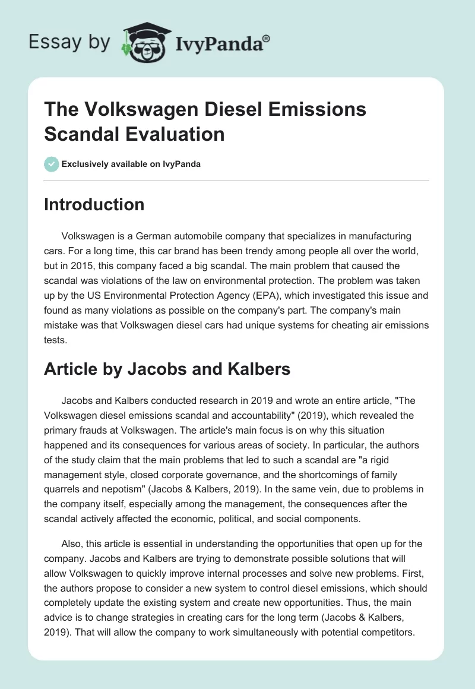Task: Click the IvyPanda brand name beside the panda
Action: (223, 43)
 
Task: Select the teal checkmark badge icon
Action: (52, 164)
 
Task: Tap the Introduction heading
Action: (94, 204)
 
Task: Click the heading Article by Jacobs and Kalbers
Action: (167, 369)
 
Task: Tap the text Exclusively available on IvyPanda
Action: (131, 164)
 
